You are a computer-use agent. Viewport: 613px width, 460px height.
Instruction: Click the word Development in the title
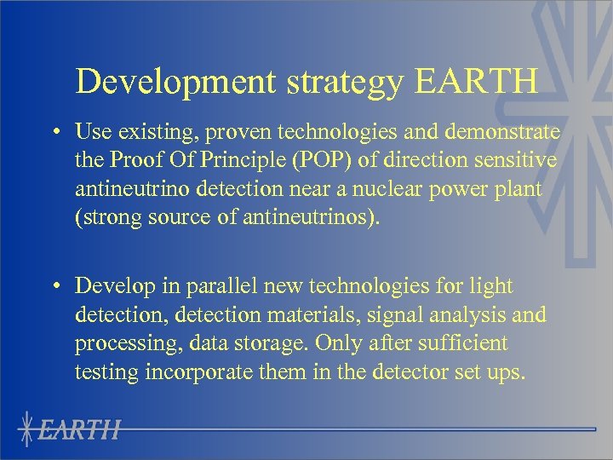[176, 82]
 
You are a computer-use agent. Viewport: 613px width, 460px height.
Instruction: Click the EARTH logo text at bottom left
[82, 429]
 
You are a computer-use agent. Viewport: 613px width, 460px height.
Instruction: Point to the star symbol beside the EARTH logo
[30, 428]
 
